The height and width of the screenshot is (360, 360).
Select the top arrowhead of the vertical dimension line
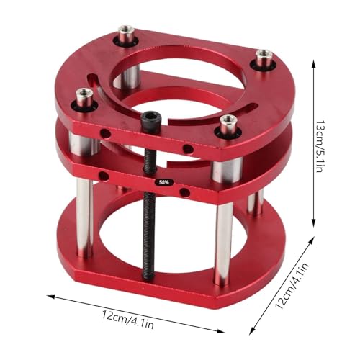(x=314, y=61)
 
